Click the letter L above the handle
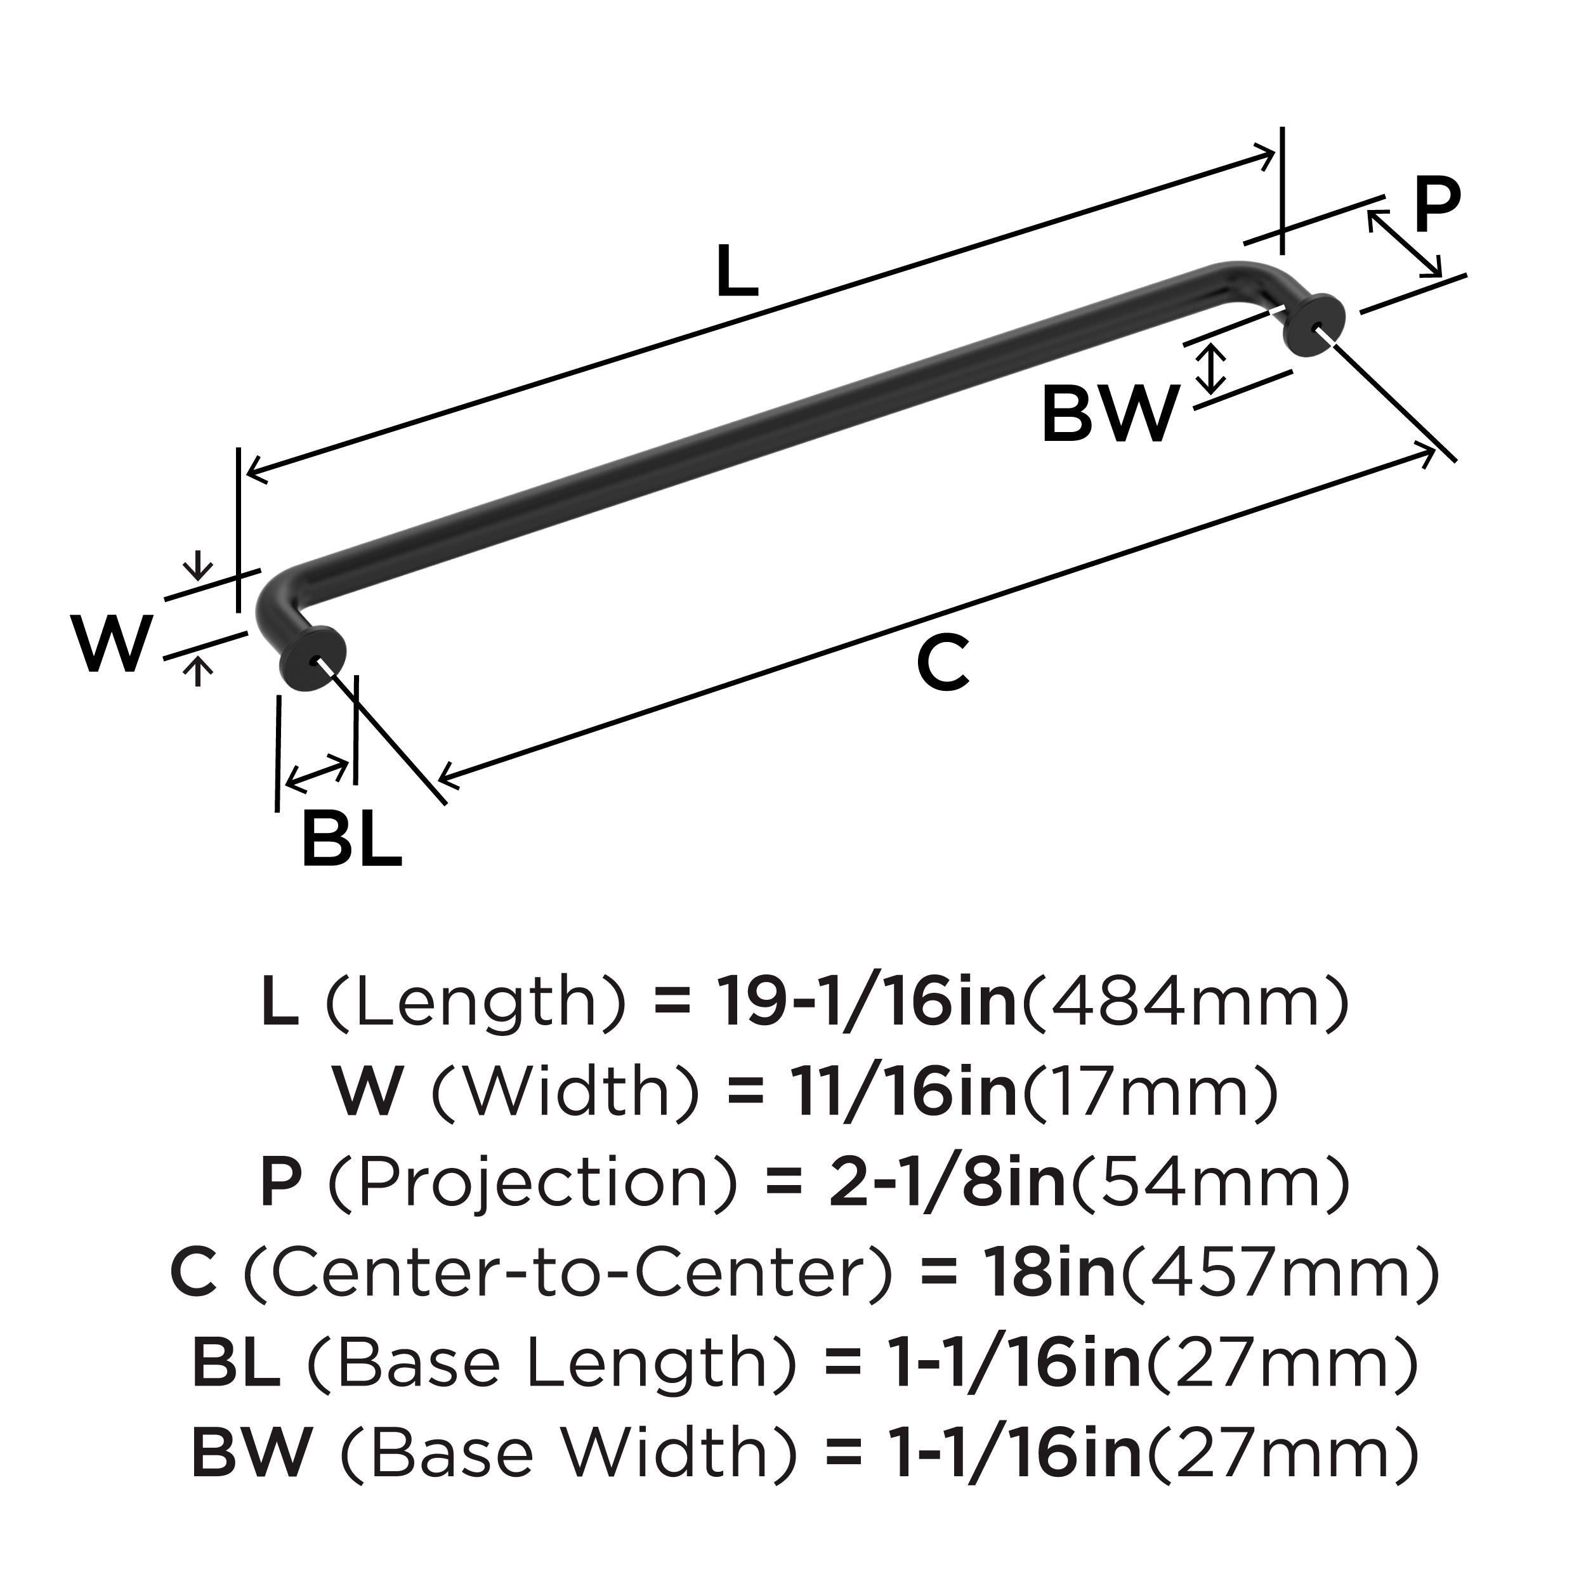(737, 272)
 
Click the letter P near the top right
(1436, 207)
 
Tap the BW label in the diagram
(1110, 416)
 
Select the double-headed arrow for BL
(317, 773)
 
